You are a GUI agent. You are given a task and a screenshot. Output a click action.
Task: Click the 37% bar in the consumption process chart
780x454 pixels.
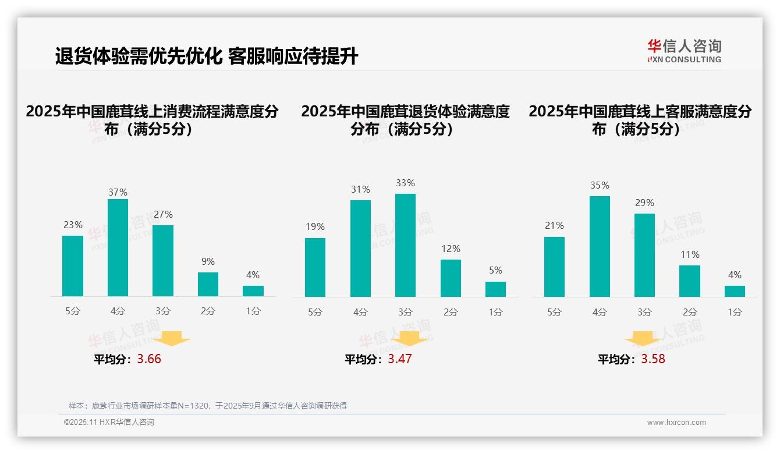(118, 247)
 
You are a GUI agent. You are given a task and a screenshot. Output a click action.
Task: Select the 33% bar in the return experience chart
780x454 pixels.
(405, 245)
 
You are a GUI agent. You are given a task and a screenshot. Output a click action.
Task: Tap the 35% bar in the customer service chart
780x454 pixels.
(600, 246)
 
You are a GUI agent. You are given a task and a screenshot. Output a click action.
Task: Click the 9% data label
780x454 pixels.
(208, 262)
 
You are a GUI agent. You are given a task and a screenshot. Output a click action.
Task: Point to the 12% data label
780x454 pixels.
(451, 249)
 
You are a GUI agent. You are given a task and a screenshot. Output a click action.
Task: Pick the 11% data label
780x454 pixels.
(690, 255)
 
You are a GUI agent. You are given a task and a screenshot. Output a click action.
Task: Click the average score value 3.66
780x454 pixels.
(149, 359)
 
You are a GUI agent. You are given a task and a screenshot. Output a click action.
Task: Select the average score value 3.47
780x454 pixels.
(400, 359)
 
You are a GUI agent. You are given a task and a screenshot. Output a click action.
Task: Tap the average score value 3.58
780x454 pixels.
(653, 359)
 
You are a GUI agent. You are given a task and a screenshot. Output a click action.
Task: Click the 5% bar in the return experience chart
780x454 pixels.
(495, 289)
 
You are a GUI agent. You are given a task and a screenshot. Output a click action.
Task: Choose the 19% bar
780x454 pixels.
(315, 267)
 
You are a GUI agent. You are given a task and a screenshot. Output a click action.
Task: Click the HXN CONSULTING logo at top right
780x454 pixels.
(684, 51)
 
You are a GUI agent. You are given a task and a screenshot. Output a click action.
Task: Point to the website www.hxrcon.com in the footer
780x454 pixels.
(676, 423)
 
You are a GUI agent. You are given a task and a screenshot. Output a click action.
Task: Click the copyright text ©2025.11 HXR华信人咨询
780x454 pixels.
(109, 423)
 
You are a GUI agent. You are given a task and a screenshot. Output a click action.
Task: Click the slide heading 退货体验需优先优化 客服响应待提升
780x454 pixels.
(207, 56)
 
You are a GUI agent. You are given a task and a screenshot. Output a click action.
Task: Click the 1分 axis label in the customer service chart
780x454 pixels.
(735, 313)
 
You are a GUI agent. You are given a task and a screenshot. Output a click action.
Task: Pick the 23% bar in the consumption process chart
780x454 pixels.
(73, 266)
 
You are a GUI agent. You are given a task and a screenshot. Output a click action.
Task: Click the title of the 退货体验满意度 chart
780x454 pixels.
(405, 120)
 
